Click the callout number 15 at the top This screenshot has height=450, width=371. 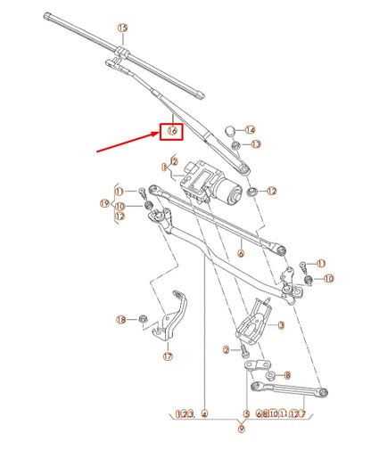click(122, 29)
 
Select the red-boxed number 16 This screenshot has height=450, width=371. click(172, 131)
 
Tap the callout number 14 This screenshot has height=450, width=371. click(250, 130)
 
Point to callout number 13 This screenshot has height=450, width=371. click(256, 143)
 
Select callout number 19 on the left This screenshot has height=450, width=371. click(104, 204)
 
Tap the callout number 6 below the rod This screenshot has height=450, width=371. click(240, 253)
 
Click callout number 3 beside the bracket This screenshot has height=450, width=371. click(281, 326)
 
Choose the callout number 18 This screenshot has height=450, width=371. click(121, 319)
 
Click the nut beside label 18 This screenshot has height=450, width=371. click(143, 318)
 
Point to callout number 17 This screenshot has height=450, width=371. click(167, 357)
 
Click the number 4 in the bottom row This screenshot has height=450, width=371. click(204, 413)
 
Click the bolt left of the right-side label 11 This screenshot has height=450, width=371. click(303, 265)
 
